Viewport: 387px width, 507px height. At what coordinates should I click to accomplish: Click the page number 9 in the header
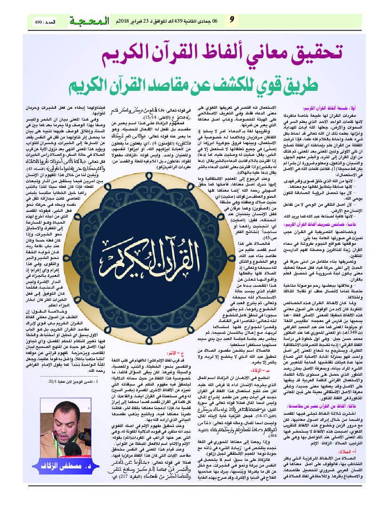coord(232,21)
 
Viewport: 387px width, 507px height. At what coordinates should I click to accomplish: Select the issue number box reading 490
coord(45,22)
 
